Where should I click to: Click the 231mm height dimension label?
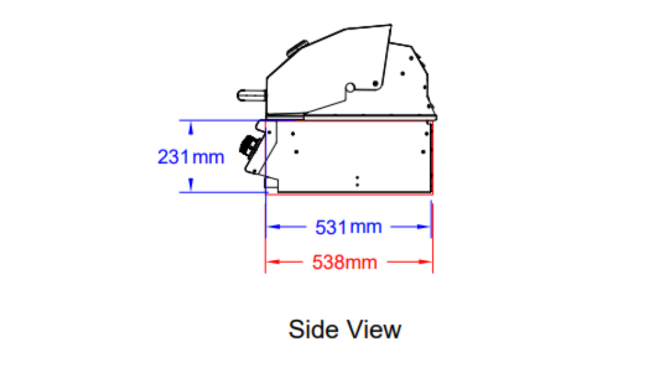pyautogui.click(x=191, y=157)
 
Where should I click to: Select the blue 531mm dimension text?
pyautogui.click(x=349, y=227)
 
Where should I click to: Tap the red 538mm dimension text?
pyautogui.click(x=345, y=263)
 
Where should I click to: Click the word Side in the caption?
pyautogui.click(x=313, y=329)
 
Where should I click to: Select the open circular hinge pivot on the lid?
pyautogui.click(x=350, y=88)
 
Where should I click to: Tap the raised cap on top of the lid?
pyautogui.click(x=297, y=48)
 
